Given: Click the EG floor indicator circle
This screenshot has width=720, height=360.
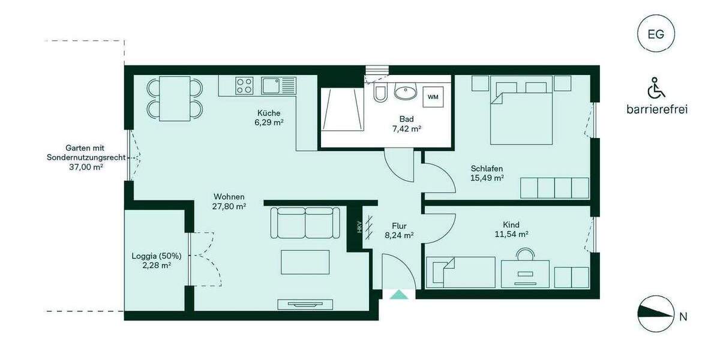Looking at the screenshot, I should point(656,34).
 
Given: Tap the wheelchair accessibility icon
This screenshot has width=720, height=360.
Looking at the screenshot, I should point(656,89).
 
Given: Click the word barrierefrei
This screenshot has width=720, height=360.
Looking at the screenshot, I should point(656,109).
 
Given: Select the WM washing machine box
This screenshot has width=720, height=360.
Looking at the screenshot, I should point(433,96).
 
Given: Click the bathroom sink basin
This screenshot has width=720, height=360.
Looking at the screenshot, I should point(406,93).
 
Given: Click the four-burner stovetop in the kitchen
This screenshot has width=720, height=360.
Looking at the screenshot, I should point(244,85).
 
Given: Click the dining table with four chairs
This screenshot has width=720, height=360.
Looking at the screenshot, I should point(175,98).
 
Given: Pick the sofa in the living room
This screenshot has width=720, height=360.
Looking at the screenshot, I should point(305,223).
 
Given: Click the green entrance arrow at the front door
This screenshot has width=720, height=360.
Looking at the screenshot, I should point(398,294).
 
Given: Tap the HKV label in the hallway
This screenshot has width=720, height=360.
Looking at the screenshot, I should point(359,227).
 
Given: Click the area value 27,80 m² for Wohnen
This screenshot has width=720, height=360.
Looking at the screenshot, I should point(229,206).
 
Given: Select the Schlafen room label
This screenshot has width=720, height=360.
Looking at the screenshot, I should point(487,168).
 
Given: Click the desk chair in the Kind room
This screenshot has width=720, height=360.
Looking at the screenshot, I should point(526,254).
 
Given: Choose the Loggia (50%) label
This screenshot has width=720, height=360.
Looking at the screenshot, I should point(156,256).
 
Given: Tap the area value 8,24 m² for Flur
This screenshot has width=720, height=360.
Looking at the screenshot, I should point(399,235).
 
